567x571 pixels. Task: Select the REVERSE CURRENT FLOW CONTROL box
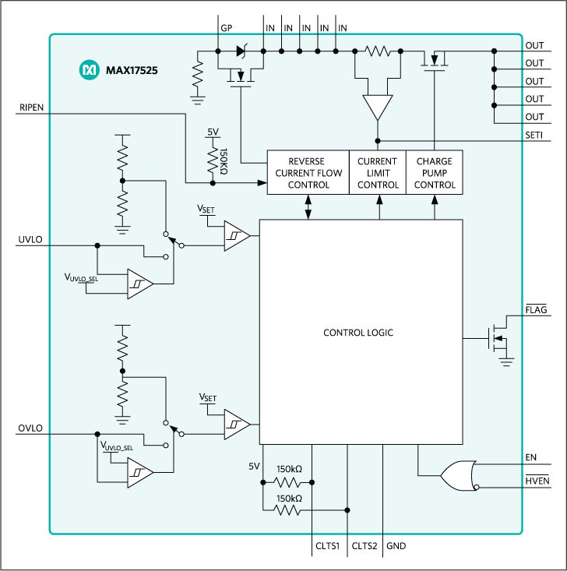(308, 173)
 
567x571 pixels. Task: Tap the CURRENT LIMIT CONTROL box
(377, 173)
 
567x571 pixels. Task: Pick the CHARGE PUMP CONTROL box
(434, 173)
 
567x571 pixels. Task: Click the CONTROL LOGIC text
(358, 333)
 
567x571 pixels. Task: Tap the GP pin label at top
(227, 27)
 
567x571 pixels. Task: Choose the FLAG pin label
(536, 310)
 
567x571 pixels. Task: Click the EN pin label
(531, 456)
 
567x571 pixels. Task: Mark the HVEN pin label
(537, 480)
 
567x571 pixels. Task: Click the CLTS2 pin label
(364, 546)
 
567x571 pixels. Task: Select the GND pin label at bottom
(396, 546)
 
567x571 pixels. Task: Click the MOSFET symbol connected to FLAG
(495, 340)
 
